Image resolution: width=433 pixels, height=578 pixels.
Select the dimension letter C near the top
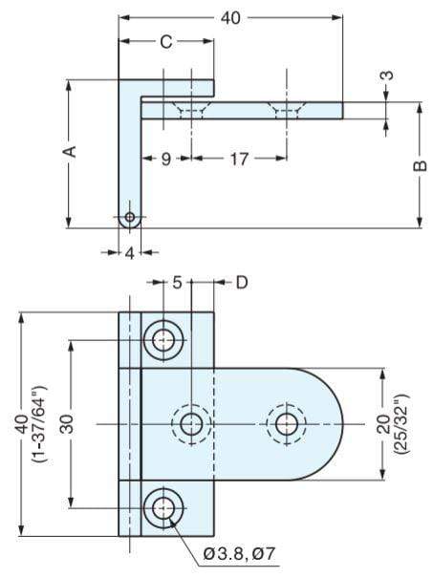click(165, 42)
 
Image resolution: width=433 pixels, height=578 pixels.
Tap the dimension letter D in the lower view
click(241, 282)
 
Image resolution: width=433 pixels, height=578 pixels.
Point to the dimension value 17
click(239, 160)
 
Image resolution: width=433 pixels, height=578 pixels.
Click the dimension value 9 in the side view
click(165, 160)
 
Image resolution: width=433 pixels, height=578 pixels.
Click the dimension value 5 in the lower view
click(178, 282)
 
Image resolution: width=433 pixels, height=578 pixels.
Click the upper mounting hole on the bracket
click(165, 339)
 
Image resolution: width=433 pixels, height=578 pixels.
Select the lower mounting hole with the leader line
click(165, 507)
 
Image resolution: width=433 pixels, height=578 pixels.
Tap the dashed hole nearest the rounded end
click(285, 423)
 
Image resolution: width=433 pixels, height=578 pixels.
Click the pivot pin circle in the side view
click(130, 218)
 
